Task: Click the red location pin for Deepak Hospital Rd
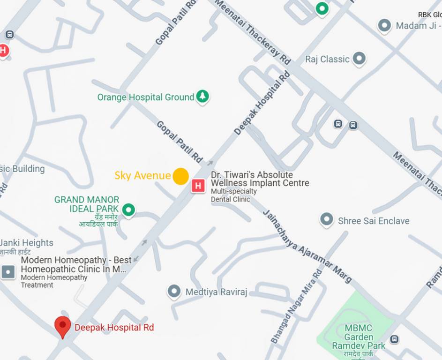click(62, 326)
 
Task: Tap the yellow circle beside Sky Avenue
click(180, 176)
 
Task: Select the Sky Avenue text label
click(142, 176)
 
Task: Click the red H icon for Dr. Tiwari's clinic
click(198, 186)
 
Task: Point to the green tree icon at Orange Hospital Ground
click(202, 97)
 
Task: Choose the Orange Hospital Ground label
click(145, 97)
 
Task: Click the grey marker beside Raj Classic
click(359, 59)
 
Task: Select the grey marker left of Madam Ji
click(384, 25)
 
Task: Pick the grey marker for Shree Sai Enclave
click(327, 219)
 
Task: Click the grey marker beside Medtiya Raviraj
click(174, 292)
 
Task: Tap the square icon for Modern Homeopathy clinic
click(8, 271)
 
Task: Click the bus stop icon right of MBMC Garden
click(395, 339)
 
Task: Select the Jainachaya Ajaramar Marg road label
click(307, 246)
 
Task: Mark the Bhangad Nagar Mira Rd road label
click(296, 306)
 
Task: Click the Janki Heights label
click(26, 243)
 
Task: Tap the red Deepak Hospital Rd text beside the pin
click(114, 328)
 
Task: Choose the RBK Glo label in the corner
click(429, 15)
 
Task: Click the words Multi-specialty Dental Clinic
click(234, 195)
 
